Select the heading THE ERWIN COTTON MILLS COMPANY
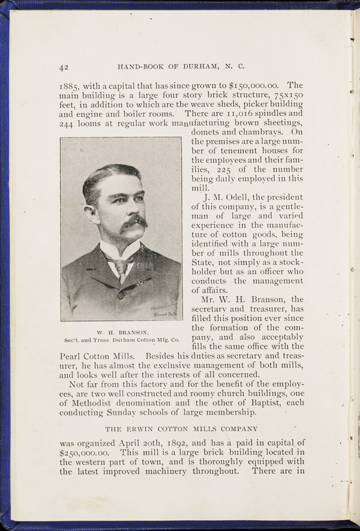[182, 429]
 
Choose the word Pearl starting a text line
[73, 355]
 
